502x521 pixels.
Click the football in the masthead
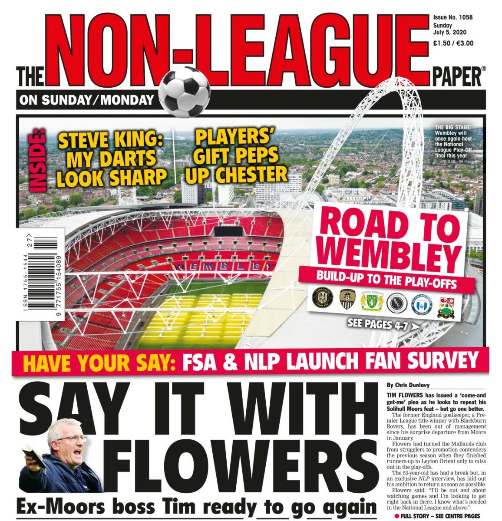[x=184, y=92]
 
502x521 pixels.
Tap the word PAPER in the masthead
[x=456, y=78]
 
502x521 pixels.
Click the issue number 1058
[x=465, y=18]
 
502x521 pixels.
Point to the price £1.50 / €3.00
[x=453, y=43]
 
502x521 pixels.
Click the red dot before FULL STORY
[x=396, y=515]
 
